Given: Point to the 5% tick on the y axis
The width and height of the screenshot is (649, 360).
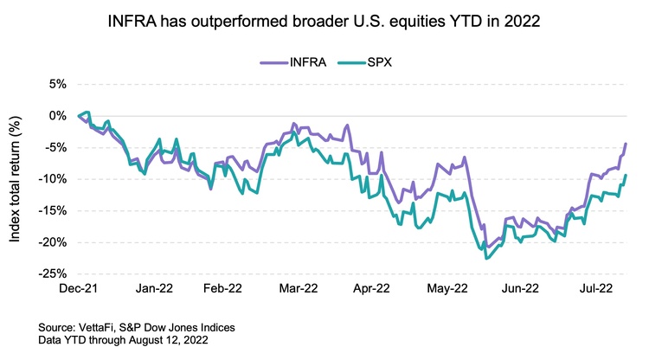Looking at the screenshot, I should pyautogui.click(x=56, y=84).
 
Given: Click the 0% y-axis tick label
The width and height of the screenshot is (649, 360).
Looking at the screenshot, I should pyautogui.click(x=56, y=115).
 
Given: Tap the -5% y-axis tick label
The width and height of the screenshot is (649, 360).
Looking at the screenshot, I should pyautogui.click(x=55, y=147).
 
